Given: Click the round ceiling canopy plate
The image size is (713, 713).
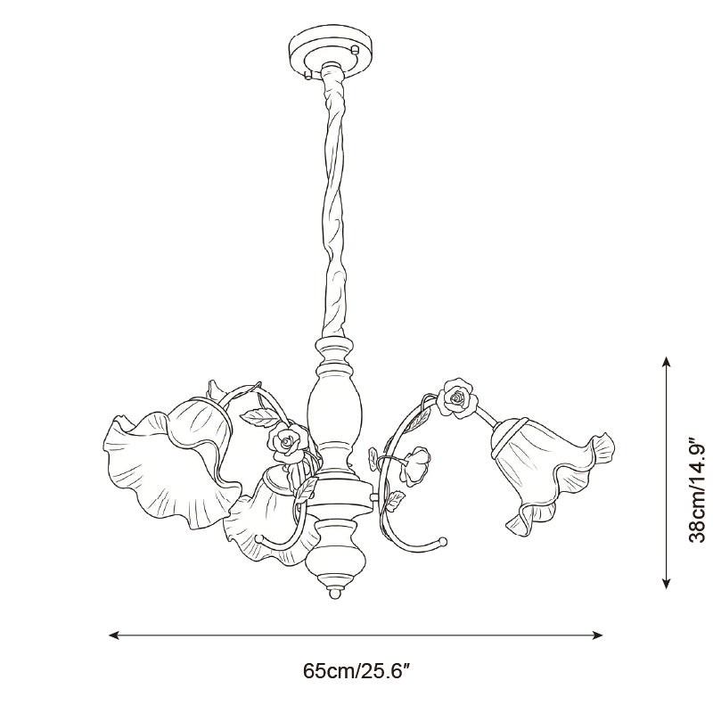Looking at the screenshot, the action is [x=331, y=54].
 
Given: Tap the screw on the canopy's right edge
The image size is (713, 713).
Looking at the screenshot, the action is [x=356, y=49].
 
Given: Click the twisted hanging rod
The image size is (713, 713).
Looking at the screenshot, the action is [x=335, y=205].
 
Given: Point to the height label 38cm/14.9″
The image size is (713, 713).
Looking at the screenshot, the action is [x=697, y=489].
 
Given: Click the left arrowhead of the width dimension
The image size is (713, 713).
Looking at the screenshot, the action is [x=114, y=635].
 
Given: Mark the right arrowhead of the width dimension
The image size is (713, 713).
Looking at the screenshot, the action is [x=597, y=635].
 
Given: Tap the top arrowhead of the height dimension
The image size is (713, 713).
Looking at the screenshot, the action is [x=666, y=362].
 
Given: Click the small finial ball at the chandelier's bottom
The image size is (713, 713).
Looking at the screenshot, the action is [x=334, y=594].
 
